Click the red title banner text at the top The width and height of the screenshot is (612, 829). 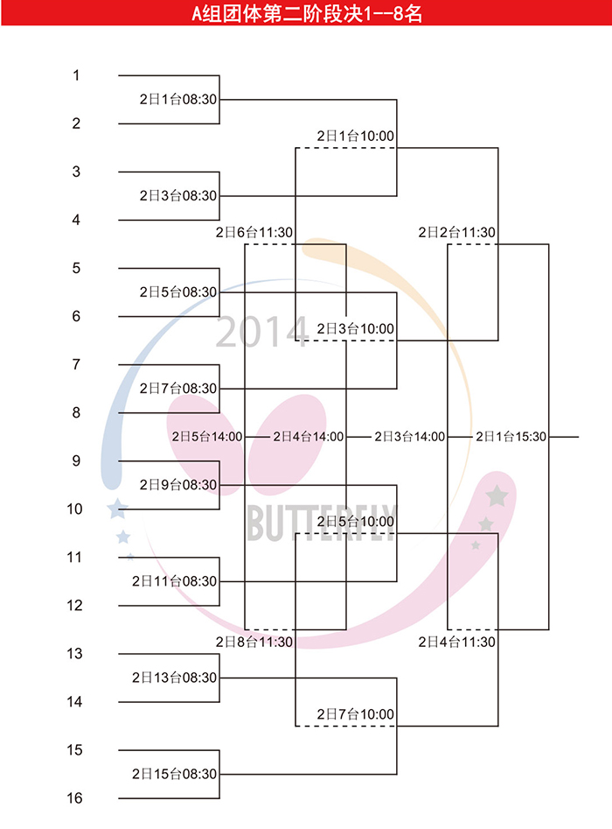(307, 13)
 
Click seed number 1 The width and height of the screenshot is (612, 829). (76, 75)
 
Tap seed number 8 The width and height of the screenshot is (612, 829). (76, 412)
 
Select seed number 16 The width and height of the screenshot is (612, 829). (74, 797)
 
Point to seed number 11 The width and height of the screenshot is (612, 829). (74, 558)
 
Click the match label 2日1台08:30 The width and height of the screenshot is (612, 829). (178, 100)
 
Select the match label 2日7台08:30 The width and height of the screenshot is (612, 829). (178, 389)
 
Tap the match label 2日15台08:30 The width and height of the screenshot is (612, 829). (174, 774)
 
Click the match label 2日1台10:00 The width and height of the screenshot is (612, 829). (355, 136)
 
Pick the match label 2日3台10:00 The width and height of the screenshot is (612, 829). (355, 329)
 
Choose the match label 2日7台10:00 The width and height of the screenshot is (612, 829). (355, 714)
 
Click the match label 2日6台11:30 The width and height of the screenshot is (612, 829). (254, 232)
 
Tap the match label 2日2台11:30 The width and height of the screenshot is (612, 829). (456, 232)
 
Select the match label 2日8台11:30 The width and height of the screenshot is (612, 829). (254, 642)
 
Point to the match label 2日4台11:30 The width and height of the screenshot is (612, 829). (456, 642)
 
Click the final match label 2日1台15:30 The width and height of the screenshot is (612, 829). (511, 437)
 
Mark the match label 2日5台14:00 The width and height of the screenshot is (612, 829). (207, 437)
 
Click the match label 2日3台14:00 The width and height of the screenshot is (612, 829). (410, 437)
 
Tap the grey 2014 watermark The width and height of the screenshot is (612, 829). (262, 332)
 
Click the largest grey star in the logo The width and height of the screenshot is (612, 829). (497, 496)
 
